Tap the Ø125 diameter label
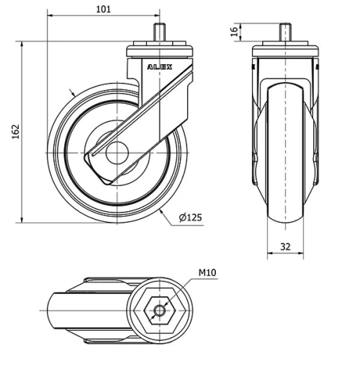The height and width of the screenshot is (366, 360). pos(189,217)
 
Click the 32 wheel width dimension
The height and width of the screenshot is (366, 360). pos(285,246)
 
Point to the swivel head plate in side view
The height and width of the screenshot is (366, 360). pos(159,52)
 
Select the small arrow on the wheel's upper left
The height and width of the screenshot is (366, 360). pos(71,93)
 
